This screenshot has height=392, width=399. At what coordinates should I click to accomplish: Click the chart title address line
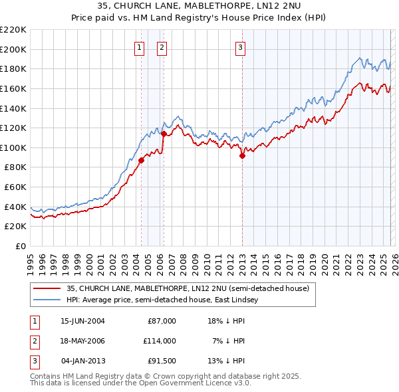[x=199, y=7]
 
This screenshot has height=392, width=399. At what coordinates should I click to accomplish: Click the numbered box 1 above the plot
[x=140, y=47]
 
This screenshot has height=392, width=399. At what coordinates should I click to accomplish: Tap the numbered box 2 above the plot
[x=162, y=47]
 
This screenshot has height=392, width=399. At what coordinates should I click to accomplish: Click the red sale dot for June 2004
[x=141, y=159]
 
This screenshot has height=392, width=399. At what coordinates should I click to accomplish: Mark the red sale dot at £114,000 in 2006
[x=164, y=134]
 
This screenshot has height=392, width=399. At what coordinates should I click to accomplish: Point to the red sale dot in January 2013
[x=242, y=155]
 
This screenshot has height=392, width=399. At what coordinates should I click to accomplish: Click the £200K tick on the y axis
[x=13, y=49]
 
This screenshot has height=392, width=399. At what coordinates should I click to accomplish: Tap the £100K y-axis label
[x=13, y=147]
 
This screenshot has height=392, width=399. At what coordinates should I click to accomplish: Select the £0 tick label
[x=20, y=246]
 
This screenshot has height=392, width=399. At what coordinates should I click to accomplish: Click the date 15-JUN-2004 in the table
[x=82, y=321]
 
